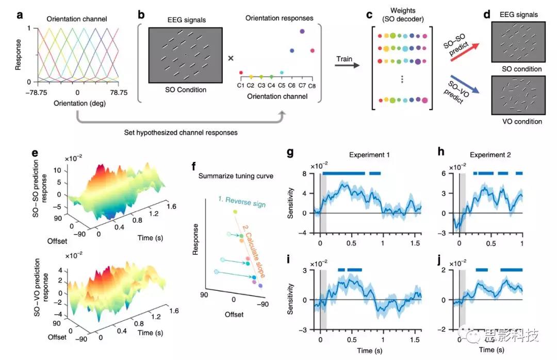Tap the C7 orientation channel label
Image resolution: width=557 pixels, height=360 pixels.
302,85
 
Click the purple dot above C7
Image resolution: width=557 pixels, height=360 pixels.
302,31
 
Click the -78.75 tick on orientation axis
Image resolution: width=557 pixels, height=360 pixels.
36,93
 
